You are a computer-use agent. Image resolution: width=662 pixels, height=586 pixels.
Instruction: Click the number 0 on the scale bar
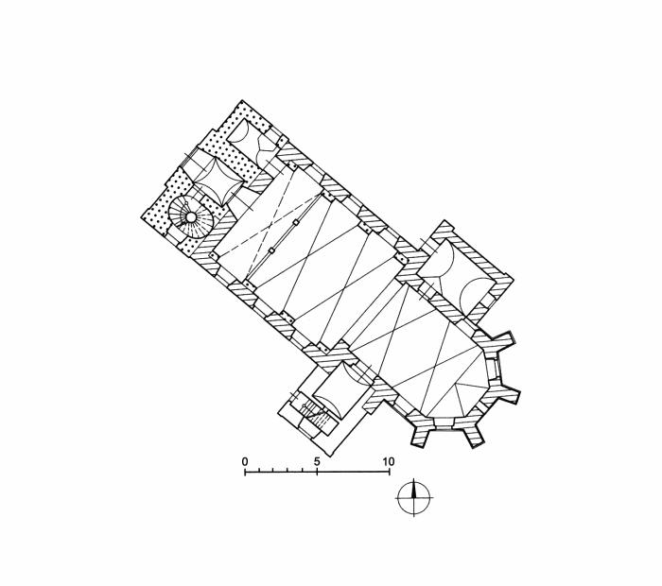click(245, 461)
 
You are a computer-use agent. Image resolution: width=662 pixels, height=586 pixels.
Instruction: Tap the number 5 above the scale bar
click(317, 461)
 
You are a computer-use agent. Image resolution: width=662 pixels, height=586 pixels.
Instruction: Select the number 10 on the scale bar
click(389, 461)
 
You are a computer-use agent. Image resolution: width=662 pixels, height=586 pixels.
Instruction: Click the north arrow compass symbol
click(414, 497)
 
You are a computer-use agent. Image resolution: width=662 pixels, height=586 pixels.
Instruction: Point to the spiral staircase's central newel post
click(191, 217)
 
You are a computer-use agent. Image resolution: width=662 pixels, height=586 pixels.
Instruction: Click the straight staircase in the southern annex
click(315, 413)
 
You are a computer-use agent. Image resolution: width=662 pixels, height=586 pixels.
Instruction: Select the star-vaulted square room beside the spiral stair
click(218, 181)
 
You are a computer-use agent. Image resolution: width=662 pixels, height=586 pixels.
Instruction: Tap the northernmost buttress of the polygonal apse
click(501, 339)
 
